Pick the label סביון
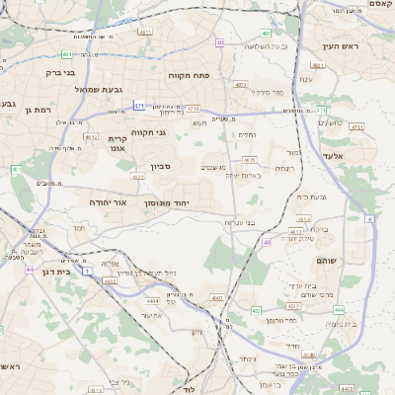tap(161, 167)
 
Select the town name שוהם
tap(327, 259)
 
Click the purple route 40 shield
tap(218, 43)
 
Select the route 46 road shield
tap(267, 242)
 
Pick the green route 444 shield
tap(339, 310)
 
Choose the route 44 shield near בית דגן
tap(30, 269)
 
